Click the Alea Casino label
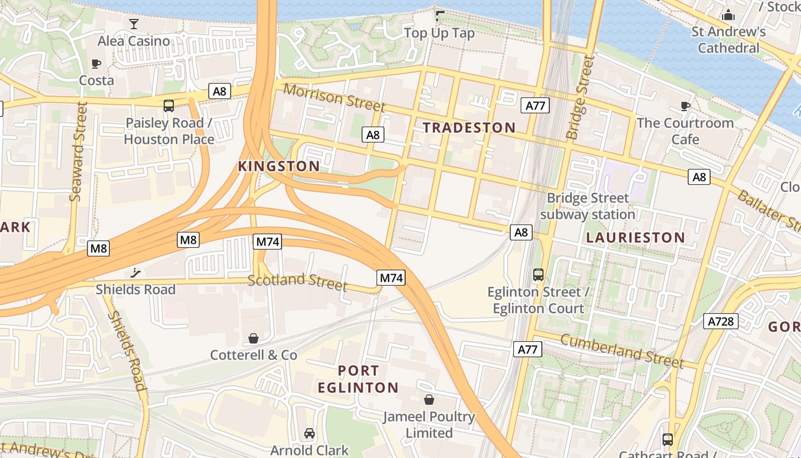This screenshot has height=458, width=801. coord(133,41)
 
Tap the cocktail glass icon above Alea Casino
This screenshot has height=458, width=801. coord(134,23)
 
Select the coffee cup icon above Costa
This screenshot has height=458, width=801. coord(96,64)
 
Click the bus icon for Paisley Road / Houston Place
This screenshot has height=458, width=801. coord(169,105)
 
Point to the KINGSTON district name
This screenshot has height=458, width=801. coord(279,166)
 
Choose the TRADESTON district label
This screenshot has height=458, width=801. coord(469,127)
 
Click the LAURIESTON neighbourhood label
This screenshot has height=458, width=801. coord(635,237)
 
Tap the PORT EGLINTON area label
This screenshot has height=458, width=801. coord(358,379)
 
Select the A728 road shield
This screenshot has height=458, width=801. coord(720,321)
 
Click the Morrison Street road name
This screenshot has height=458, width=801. coord(334,97)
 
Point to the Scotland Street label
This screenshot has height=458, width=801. coord(298,281)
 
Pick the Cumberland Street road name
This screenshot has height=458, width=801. coord(622,350)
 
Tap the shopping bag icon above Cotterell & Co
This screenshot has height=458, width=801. coord(253,338)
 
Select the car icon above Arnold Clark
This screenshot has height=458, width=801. coord(310,433)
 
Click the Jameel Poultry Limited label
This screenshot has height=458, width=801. coord(429,424)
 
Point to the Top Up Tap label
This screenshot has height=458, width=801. coord(439,33)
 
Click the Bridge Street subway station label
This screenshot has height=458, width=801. coord(588,206)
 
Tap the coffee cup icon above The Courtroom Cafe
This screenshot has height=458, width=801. coord(685,106)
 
